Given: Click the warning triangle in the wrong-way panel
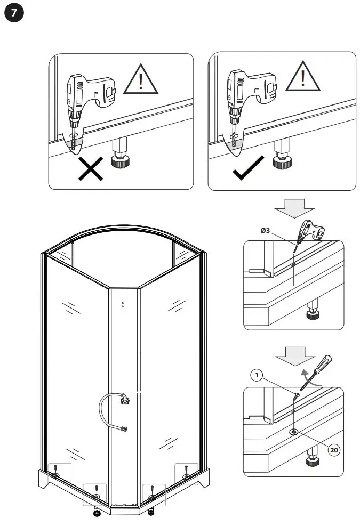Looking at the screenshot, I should click(x=141, y=80).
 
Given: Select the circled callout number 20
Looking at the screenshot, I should click(x=334, y=450).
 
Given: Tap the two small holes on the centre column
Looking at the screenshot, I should click(x=123, y=305).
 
